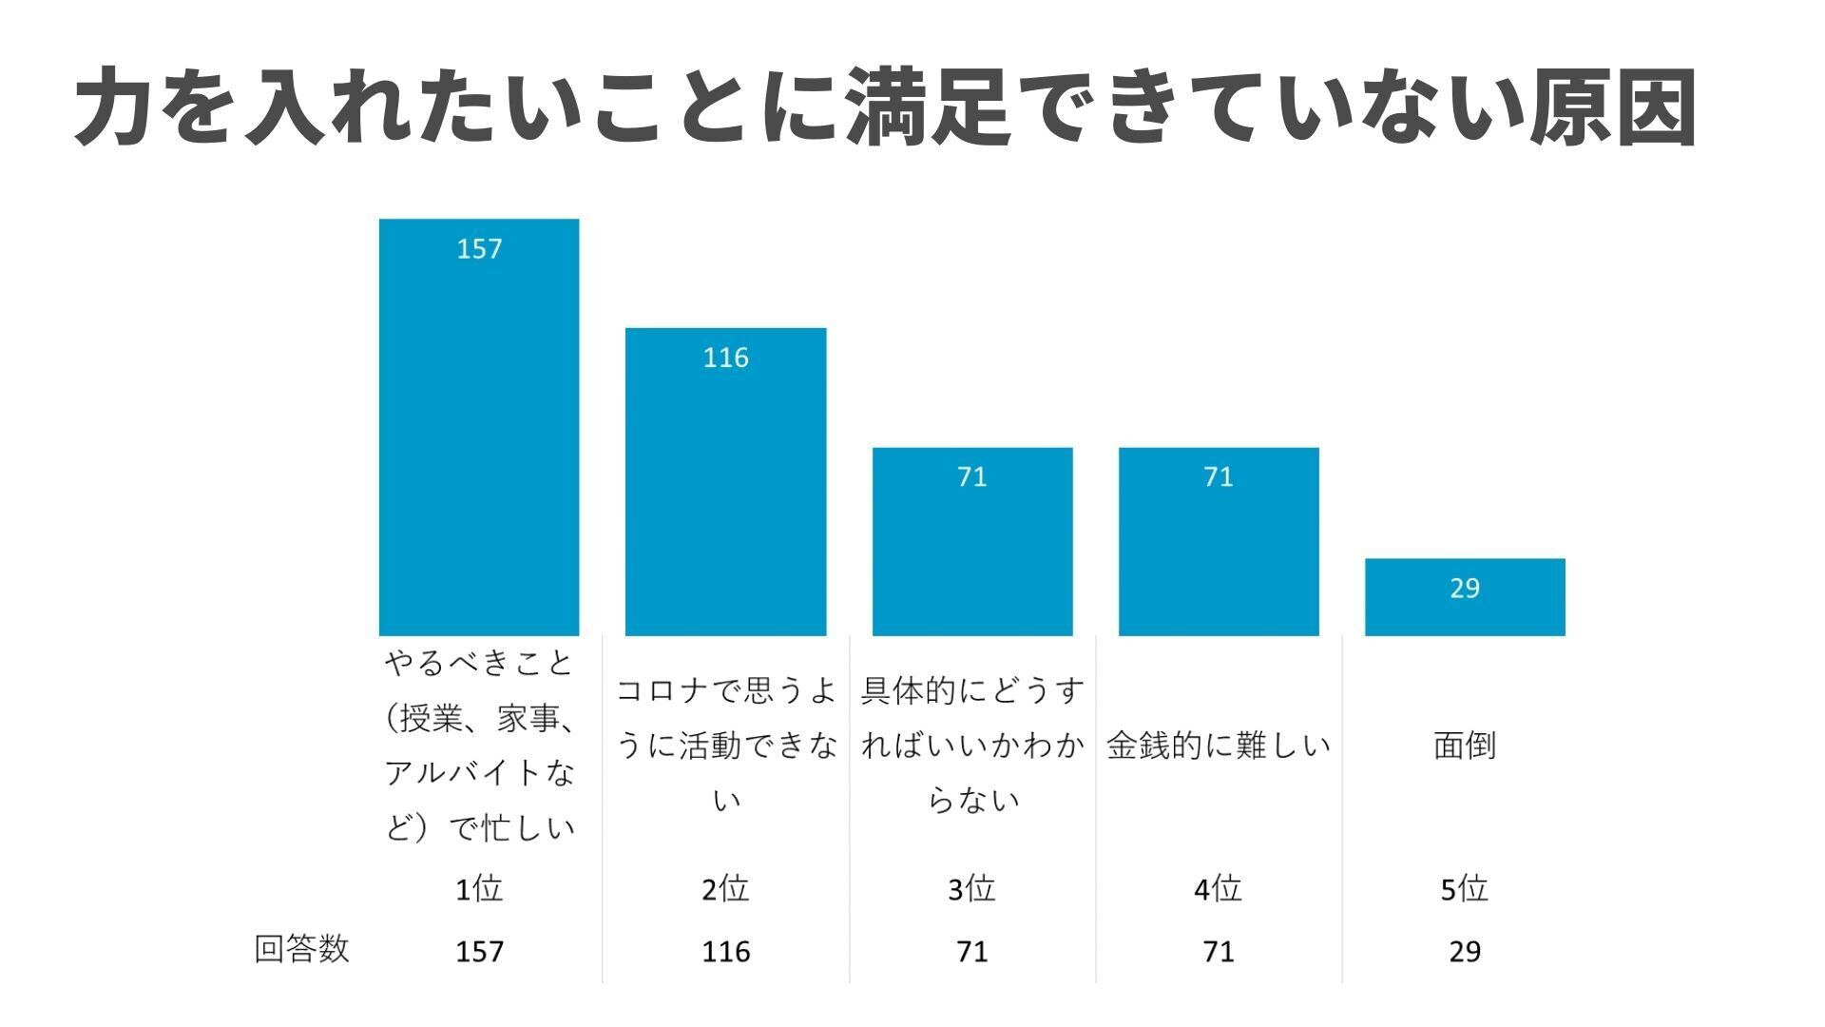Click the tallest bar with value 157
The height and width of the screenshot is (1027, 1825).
(479, 428)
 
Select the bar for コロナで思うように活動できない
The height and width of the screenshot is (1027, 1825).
(725, 481)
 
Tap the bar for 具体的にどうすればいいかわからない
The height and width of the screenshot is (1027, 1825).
(972, 541)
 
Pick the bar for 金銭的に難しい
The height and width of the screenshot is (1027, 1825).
(1219, 541)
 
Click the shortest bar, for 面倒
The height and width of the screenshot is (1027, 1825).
(1465, 597)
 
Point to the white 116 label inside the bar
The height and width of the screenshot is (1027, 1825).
(725, 358)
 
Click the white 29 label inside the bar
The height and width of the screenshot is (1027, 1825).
(1465, 589)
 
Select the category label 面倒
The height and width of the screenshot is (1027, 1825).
(1465, 746)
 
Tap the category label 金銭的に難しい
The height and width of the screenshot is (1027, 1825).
(1219, 746)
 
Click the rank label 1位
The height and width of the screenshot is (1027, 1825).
(479, 889)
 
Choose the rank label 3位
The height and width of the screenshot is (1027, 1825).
(972, 889)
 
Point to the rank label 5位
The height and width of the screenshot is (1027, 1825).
(1465, 889)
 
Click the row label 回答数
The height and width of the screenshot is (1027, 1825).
(302, 949)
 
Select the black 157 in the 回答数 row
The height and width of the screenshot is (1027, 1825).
(479, 951)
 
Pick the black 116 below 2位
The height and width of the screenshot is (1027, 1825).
(725, 951)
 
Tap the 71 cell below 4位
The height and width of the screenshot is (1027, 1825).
(1219, 951)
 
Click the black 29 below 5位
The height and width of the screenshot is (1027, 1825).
(1465, 951)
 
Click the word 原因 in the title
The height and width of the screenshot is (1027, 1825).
(1613, 107)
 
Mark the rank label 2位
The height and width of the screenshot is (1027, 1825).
(725, 889)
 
